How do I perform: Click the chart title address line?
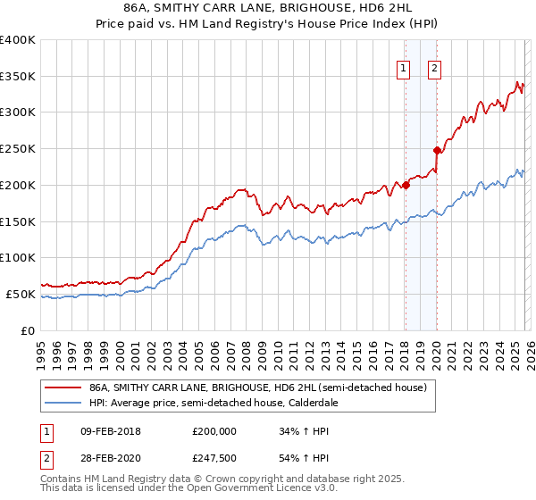tap(268, 8)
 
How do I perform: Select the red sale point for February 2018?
tap(406, 185)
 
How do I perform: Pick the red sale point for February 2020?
tap(438, 150)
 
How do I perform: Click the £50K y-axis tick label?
tap(21, 294)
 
